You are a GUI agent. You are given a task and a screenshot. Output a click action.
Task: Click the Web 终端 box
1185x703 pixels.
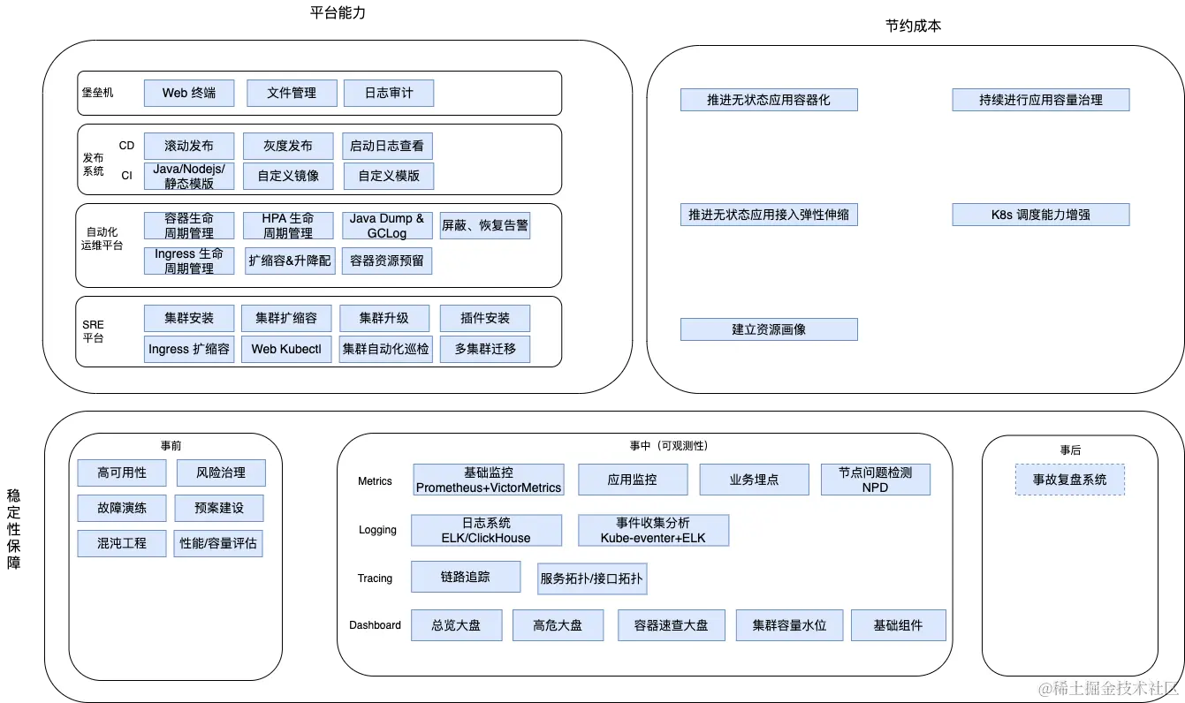coord(189,93)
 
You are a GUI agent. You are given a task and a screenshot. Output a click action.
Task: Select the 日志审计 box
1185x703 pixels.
coord(388,93)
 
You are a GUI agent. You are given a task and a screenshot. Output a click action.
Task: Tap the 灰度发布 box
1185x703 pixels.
coord(288,146)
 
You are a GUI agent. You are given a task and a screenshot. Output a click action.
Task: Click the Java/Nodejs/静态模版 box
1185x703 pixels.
coord(189,176)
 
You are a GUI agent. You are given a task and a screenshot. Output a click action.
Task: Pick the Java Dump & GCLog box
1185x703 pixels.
coord(387,225)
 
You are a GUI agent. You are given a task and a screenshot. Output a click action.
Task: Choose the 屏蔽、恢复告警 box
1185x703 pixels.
coord(485,225)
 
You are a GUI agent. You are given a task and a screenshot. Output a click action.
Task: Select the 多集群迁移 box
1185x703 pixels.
coord(485,349)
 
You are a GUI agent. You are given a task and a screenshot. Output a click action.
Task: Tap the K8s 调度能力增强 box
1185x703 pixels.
coord(1040,215)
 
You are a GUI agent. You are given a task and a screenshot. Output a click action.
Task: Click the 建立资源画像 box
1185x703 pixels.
coord(769,329)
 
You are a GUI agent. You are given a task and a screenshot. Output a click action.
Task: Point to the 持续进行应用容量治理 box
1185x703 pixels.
coord(1040,100)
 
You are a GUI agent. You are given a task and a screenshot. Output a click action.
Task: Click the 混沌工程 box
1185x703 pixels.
coord(122,543)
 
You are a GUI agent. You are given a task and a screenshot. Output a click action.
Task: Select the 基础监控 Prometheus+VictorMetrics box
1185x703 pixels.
coord(488,480)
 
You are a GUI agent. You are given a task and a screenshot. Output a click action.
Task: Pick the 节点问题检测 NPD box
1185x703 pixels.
coord(875,480)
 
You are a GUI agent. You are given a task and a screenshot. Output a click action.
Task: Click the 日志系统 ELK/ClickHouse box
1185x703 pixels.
coord(486,530)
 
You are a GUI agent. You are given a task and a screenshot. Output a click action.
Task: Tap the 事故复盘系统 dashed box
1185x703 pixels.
coord(1070,480)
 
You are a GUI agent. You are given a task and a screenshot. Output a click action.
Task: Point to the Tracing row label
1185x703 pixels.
coord(375,578)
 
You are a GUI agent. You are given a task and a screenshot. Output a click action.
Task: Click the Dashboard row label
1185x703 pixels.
coord(375,625)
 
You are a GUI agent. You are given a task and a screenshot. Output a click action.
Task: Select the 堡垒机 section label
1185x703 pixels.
coord(96,93)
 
